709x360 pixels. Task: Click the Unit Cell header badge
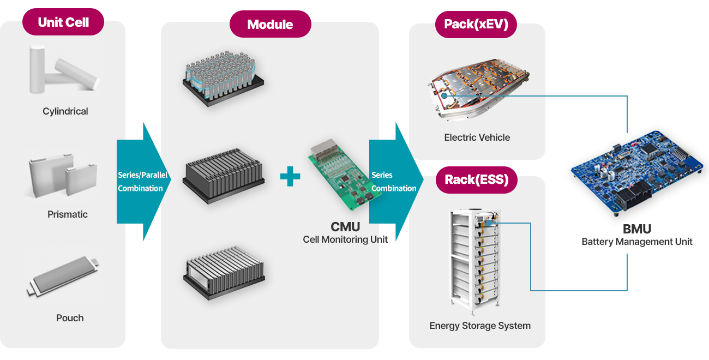click(63, 22)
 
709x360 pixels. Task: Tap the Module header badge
click(270, 25)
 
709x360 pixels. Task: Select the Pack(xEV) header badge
click(476, 24)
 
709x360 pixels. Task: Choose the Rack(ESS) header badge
click(476, 179)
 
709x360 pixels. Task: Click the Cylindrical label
click(65, 111)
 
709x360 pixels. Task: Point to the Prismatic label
click(68, 214)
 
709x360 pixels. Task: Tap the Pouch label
click(70, 318)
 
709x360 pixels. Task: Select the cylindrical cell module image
click(223, 77)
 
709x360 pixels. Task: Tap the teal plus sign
click(290, 177)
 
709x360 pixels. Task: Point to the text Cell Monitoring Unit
click(345, 239)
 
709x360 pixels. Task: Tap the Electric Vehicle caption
click(477, 137)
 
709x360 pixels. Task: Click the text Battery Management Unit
click(637, 242)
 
